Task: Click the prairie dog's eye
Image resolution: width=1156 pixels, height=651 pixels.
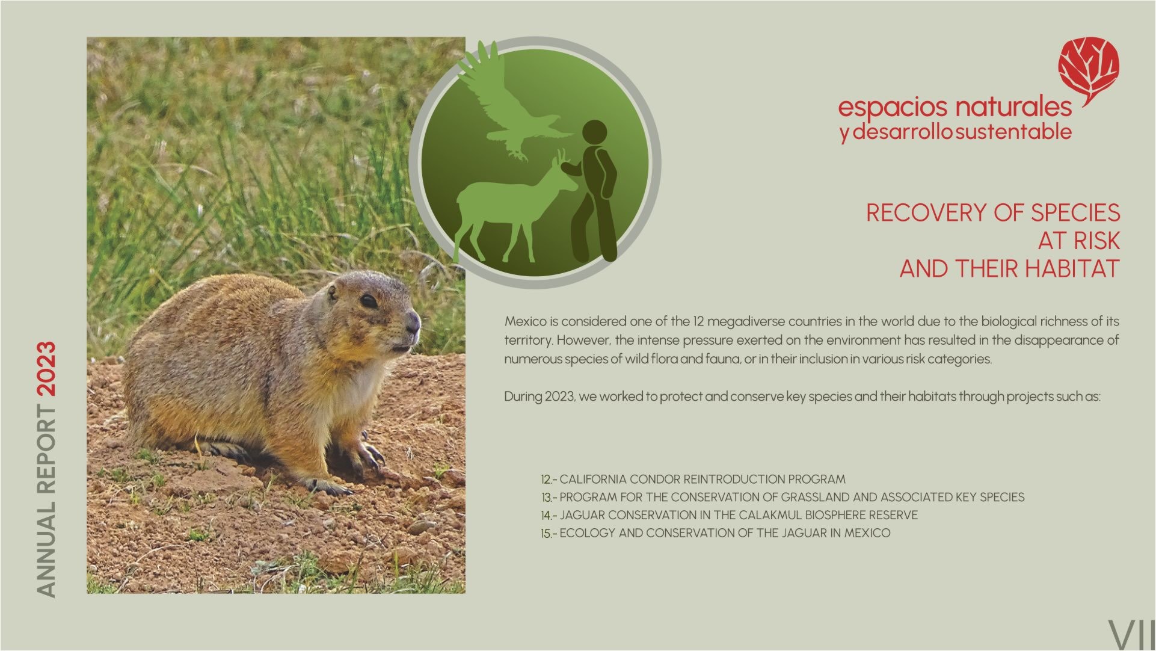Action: point(369,300)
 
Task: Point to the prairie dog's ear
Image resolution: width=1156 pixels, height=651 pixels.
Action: point(331,292)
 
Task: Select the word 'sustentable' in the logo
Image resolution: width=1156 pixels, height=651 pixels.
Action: point(1013,132)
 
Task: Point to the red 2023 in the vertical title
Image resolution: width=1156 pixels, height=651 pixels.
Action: point(46,369)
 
